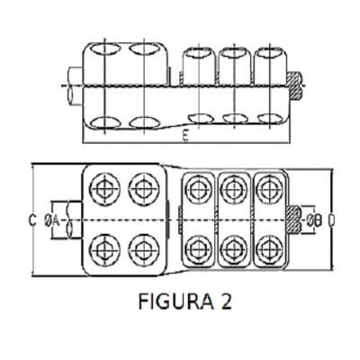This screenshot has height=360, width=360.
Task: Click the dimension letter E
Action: [x=185, y=137]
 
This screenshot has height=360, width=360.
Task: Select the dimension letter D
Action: [x=331, y=220]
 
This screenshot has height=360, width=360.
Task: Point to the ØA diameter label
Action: [x=51, y=221]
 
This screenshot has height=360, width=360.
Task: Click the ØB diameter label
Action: [x=314, y=221]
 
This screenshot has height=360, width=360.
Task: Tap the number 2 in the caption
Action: [x=227, y=301]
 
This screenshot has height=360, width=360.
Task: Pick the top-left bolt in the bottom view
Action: [x=104, y=189]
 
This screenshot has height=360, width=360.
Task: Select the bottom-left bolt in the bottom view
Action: [x=104, y=249]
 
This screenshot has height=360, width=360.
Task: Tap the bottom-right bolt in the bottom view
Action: [x=270, y=248]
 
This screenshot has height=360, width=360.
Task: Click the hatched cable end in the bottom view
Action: [x=293, y=220]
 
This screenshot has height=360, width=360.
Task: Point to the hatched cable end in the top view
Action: [x=294, y=86]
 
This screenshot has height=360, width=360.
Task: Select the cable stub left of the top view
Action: [x=75, y=86]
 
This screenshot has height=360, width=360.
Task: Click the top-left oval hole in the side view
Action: [x=104, y=49]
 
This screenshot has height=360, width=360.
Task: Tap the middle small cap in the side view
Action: [x=235, y=66]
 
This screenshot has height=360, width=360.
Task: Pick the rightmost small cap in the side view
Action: [x=270, y=65]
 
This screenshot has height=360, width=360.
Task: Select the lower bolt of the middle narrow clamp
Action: [x=234, y=248]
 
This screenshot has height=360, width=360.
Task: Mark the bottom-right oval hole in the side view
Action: [x=269, y=119]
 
